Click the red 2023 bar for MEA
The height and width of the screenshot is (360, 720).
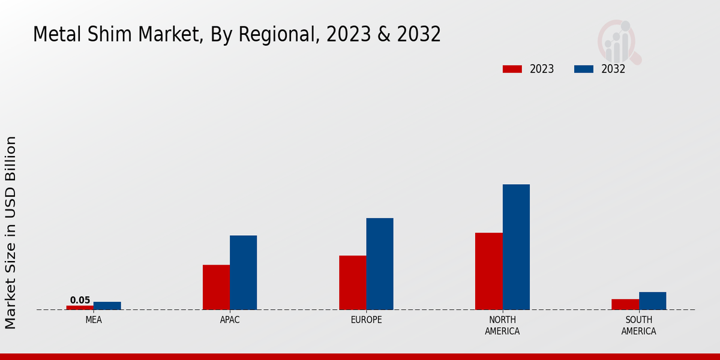point(80,307)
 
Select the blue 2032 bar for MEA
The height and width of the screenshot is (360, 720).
point(107,305)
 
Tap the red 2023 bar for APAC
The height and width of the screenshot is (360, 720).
point(216,287)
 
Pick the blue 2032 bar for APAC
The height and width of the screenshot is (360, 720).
point(244,272)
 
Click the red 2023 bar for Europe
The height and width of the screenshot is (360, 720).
point(353,283)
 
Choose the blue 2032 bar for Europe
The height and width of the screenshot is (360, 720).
point(380,263)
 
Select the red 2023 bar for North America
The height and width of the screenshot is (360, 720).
point(489,271)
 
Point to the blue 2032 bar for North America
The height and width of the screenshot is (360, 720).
point(516,247)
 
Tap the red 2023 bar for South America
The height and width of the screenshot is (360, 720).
point(625,304)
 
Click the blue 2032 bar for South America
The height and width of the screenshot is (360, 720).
point(653,301)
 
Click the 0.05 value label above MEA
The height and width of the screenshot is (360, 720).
point(80,300)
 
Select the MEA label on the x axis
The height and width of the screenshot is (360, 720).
point(94,320)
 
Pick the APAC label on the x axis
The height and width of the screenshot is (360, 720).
point(230,320)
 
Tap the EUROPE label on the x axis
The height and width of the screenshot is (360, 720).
point(366,320)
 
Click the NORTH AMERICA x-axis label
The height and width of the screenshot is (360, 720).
point(503,325)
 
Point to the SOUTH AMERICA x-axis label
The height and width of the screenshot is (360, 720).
point(639,325)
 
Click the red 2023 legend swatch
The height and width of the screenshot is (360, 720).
point(512,69)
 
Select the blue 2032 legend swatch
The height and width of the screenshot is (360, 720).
point(584,69)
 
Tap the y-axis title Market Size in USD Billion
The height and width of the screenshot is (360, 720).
point(11,233)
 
